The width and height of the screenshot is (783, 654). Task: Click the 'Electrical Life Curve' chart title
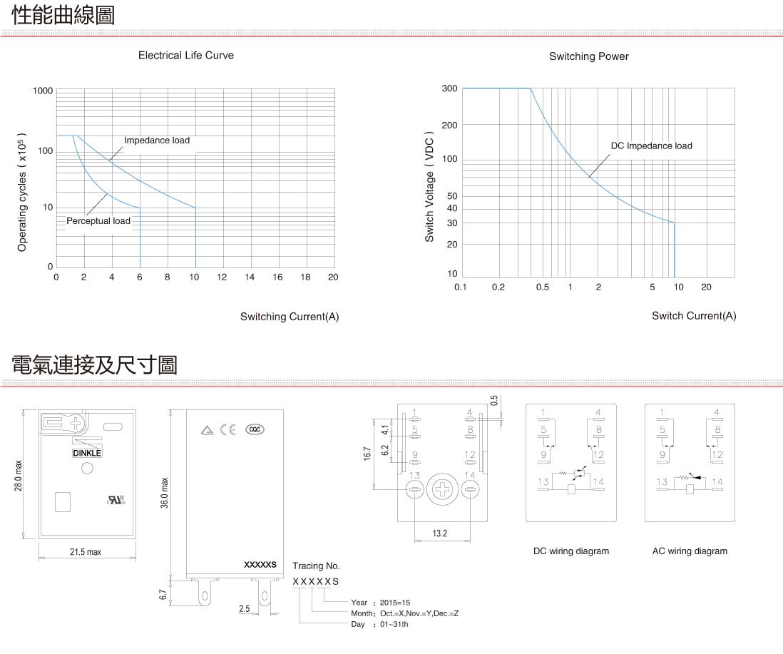pyautogui.click(x=185, y=56)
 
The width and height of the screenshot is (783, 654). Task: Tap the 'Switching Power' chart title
pyautogui.click(x=589, y=56)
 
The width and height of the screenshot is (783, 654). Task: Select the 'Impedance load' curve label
pyautogui.click(x=157, y=140)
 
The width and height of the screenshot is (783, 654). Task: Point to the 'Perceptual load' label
pyautogui.click(x=98, y=220)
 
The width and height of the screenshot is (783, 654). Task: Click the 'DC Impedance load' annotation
pyautogui.click(x=652, y=145)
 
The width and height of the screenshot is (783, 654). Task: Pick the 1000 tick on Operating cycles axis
pyautogui.click(x=43, y=91)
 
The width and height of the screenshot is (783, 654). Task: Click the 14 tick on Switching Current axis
pyautogui.click(x=250, y=277)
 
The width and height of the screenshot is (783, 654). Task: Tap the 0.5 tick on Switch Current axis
pyautogui.click(x=542, y=287)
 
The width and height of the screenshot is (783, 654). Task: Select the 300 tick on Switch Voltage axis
pyautogui.click(x=449, y=88)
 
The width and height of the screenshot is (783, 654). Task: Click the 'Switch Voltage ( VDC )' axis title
pyautogui.click(x=429, y=187)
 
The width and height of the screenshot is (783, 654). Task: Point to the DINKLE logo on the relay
pyautogui.click(x=87, y=453)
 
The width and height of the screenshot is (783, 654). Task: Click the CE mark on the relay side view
pyautogui.click(x=228, y=430)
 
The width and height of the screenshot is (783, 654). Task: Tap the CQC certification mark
pyautogui.click(x=255, y=429)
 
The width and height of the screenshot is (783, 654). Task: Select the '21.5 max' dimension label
pyautogui.click(x=86, y=552)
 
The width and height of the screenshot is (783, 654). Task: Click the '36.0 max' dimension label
pyautogui.click(x=164, y=493)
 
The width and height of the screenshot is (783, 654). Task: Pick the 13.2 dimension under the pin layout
pyautogui.click(x=439, y=533)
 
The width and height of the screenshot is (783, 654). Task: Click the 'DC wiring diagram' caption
pyautogui.click(x=571, y=551)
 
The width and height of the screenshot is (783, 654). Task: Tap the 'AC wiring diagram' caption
pyautogui.click(x=690, y=551)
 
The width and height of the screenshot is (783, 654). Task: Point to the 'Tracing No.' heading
pyautogui.click(x=316, y=566)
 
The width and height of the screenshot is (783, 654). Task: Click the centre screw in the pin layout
pyautogui.click(x=442, y=489)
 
